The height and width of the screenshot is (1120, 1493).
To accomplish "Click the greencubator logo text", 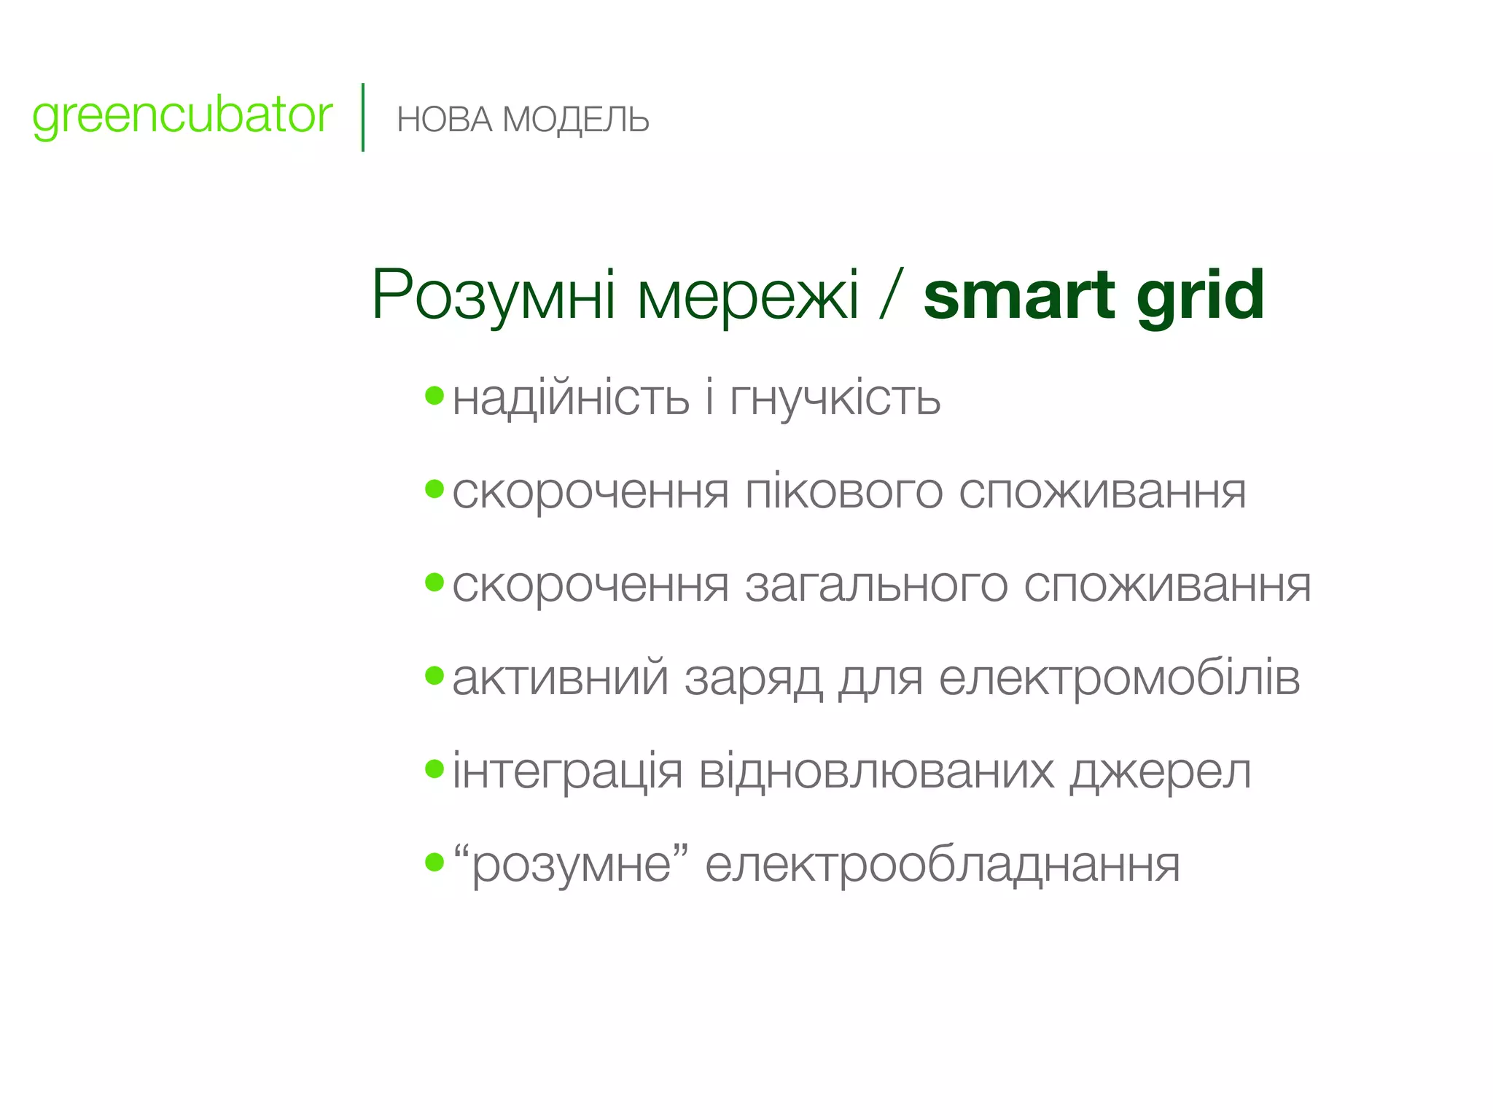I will (182, 117).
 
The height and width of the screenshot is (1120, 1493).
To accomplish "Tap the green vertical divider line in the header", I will (362, 117).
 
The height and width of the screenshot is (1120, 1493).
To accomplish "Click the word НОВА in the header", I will (445, 120).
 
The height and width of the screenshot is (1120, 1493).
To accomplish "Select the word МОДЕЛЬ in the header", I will (576, 120).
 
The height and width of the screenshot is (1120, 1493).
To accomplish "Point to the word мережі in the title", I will (748, 295).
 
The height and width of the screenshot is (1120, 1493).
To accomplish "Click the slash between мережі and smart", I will (891, 295).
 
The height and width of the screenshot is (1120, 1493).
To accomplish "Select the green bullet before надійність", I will (434, 396).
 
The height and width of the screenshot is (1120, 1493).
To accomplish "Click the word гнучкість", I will (835, 399).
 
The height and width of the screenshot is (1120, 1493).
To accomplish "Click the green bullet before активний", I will (434, 676).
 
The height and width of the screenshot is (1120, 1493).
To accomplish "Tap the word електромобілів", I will (1119, 678).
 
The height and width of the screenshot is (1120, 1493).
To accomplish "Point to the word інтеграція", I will (567, 771).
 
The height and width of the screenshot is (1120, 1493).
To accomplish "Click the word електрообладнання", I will (942, 864).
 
